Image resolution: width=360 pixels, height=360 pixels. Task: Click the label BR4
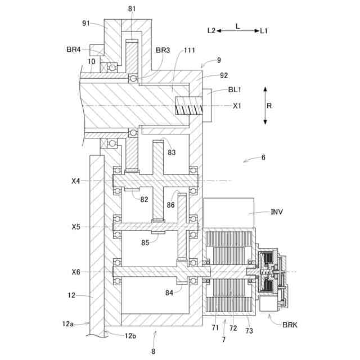pos(74,49)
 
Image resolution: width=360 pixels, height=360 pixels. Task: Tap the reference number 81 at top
pos(132,9)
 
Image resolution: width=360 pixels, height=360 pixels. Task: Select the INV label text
pos(277,211)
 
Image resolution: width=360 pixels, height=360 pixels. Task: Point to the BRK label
pos(290,325)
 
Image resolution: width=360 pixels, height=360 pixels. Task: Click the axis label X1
pos(237,106)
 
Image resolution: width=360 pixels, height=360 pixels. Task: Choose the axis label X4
pos(76,181)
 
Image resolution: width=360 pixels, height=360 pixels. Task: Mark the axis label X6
pos(76,272)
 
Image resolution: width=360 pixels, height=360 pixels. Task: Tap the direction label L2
pos(211,30)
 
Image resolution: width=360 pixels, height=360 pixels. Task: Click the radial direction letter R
pos(269,106)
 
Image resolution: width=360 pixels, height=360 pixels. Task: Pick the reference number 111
pos(190,50)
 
